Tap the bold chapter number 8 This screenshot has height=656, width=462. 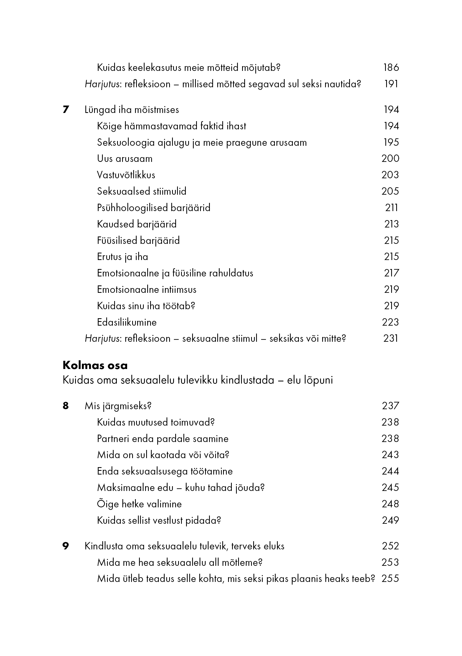(x=66, y=406)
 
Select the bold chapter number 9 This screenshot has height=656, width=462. (x=66, y=546)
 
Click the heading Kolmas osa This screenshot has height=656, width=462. (x=95, y=365)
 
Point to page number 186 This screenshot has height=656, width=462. (x=391, y=67)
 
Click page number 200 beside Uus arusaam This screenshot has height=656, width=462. (x=390, y=158)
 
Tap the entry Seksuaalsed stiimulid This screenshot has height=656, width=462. (x=142, y=191)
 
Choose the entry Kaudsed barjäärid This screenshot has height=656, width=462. (x=137, y=224)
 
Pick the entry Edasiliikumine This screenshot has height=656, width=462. (x=127, y=322)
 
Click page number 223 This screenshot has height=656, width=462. (x=390, y=322)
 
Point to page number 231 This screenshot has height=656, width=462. (x=390, y=338)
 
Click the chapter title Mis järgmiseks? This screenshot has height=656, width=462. (x=118, y=406)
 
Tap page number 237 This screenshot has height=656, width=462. (x=390, y=406)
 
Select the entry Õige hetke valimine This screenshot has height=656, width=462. (x=139, y=504)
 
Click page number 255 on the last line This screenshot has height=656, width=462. (x=390, y=578)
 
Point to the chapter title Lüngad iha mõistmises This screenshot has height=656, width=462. (x=132, y=110)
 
